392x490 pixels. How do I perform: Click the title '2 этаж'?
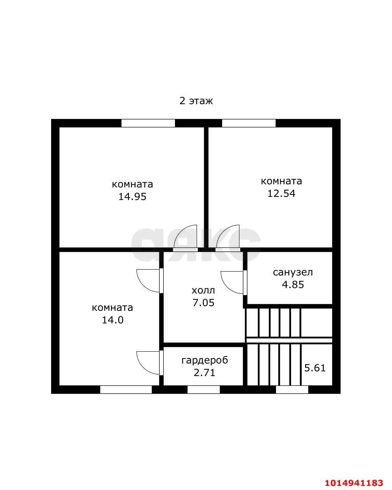(196, 101)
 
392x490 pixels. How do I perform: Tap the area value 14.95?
(132, 197)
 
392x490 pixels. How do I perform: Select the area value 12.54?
(281, 194)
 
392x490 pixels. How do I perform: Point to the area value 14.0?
(112, 320)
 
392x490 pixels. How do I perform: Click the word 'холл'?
(203, 291)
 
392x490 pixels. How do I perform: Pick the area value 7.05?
(203, 303)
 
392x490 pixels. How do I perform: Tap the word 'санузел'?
(293, 272)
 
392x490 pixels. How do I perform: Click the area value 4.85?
(293, 284)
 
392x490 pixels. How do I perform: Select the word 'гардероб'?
(204, 360)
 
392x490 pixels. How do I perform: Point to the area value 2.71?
(204, 373)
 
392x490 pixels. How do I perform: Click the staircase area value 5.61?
(315, 368)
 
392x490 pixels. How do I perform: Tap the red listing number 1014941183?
(353, 483)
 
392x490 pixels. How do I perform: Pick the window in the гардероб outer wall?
(203, 390)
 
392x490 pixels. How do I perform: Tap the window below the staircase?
(292, 390)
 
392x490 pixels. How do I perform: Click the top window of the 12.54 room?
(249, 123)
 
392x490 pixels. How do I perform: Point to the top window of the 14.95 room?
(148, 123)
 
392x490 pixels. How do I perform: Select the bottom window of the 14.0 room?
(126, 390)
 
